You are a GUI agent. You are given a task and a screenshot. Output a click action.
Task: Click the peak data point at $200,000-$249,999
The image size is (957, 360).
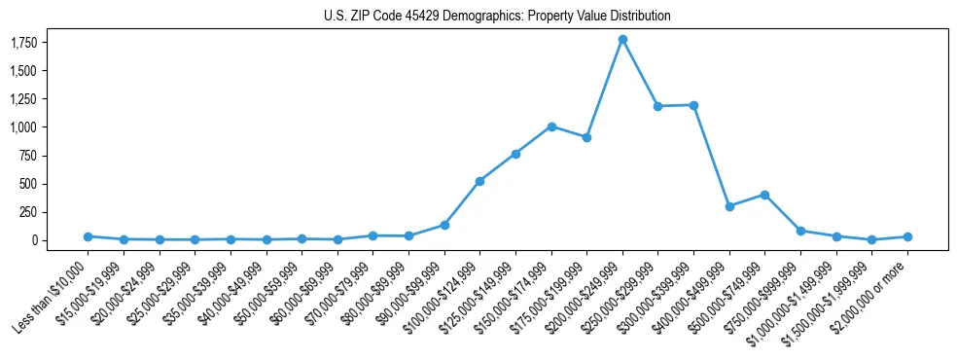[622, 40]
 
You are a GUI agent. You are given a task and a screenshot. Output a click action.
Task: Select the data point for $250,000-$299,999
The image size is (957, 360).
[658, 106]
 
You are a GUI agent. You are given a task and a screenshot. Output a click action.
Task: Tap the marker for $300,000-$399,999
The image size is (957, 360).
[693, 105]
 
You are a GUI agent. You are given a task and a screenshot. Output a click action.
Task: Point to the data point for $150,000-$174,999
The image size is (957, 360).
[551, 126]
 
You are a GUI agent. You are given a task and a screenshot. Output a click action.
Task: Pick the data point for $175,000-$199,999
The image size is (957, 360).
[586, 137]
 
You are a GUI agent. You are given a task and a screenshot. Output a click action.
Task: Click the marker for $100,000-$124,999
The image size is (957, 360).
[480, 181]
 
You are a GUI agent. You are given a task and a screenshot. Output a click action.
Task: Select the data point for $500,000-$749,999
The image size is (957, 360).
[765, 195]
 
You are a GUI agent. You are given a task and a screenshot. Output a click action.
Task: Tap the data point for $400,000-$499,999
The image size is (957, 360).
[729, 206]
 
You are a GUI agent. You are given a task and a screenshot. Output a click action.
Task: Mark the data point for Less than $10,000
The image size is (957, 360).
[88, 236]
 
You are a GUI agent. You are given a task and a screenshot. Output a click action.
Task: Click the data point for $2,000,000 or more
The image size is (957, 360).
[907, 236]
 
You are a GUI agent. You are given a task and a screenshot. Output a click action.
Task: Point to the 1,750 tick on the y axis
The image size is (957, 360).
[24, 43]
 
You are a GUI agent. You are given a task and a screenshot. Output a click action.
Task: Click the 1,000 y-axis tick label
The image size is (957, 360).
[24, 127]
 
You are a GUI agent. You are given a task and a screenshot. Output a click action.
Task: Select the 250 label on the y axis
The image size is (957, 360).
[28, 212]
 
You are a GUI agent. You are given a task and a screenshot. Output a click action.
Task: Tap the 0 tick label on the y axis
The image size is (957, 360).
[34, 240]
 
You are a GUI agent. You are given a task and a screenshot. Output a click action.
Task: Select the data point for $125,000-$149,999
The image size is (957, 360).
[515, 154]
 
